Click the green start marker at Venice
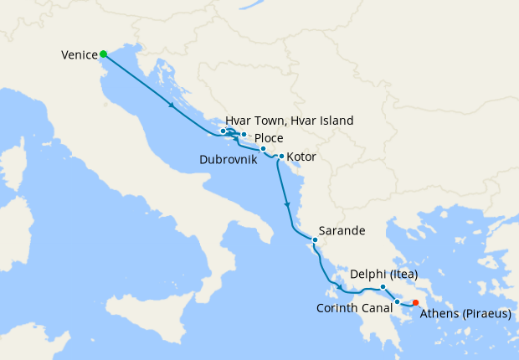103,54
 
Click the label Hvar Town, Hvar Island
289,121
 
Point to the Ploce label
268,138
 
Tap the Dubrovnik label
229,159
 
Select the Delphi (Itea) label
383,274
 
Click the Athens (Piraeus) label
465,314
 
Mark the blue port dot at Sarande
315,240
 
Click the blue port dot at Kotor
281,156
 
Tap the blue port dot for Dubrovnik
263,149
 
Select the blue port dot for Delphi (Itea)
383,287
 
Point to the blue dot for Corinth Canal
397,301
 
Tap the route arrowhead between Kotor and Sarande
288,204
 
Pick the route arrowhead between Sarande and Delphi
338,289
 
